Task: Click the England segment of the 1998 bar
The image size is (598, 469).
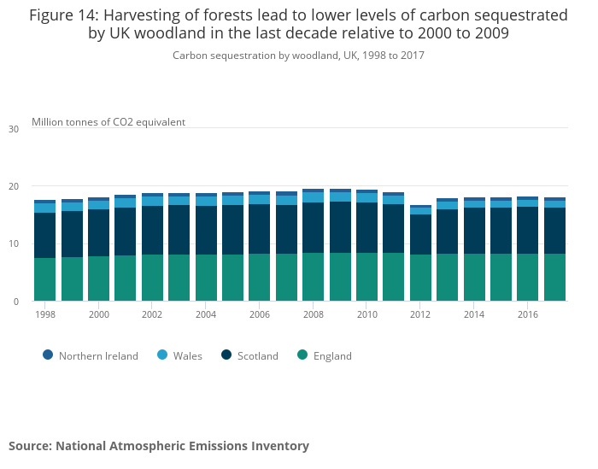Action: point(44,279)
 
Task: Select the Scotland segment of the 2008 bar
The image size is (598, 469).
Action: point(313,227)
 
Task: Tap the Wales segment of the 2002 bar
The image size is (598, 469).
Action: point(152,201)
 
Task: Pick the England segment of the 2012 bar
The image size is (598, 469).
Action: point(420,278)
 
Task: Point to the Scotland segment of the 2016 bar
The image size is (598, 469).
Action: point(528,231)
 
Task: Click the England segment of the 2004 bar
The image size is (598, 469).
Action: point(206,278)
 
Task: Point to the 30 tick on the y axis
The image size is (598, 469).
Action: point(13,129)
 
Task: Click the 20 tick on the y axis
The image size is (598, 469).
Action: point(13,186)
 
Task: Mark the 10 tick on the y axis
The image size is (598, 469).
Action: point(13,243)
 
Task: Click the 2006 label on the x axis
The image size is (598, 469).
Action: point(260,314)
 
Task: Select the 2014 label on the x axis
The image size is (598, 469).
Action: point(474,314)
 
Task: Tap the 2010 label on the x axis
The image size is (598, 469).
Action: point(366,314)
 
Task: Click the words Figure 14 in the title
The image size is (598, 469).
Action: point(63,15)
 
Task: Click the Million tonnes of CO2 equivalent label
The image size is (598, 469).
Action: point(108,121)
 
